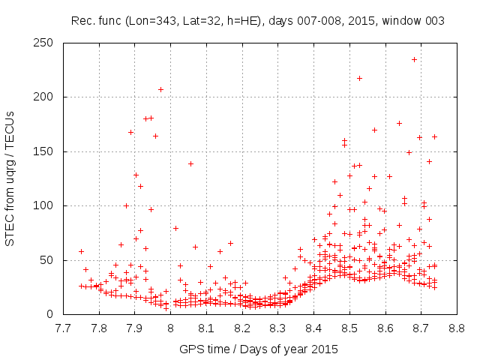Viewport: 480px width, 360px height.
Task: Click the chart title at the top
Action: pyautogui.click(x=257, y=21)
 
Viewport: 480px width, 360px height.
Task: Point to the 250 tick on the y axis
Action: pyautogui.click(x=49, y=43)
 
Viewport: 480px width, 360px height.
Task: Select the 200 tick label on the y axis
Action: pyautogui.click(x=49, y=97)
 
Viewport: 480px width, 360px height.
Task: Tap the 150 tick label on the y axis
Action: pyautogui.click(x=49, y=151)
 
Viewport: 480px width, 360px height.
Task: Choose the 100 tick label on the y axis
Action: pyautogui.click(x=49, y=205)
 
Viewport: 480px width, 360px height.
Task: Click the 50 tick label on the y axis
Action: pyautogui.click(x=52, y=260)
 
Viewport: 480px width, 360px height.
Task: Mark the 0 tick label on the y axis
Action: pyautogui.click(x=55, y=314)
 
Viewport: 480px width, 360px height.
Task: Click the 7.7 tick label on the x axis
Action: pyautogui.click(x=63, y=328)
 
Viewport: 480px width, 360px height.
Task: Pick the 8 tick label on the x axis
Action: pyautogui.click(x=170, y=328)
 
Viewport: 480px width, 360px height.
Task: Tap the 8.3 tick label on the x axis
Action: pyautogui.click(x=277, y=328)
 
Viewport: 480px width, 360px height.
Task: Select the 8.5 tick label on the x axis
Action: pyautogui.click(x=349, y=328)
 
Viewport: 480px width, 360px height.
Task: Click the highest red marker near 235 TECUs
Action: pyautogui.click(x=414, y=59)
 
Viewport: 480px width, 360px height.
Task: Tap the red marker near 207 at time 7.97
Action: pyautogui.click(x=160, y=89)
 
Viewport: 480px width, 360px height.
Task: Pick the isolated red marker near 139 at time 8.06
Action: pyautogui.click(x=190, y=163)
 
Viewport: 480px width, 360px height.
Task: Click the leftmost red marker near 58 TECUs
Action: pyautogui.click(x=81, y=251)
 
